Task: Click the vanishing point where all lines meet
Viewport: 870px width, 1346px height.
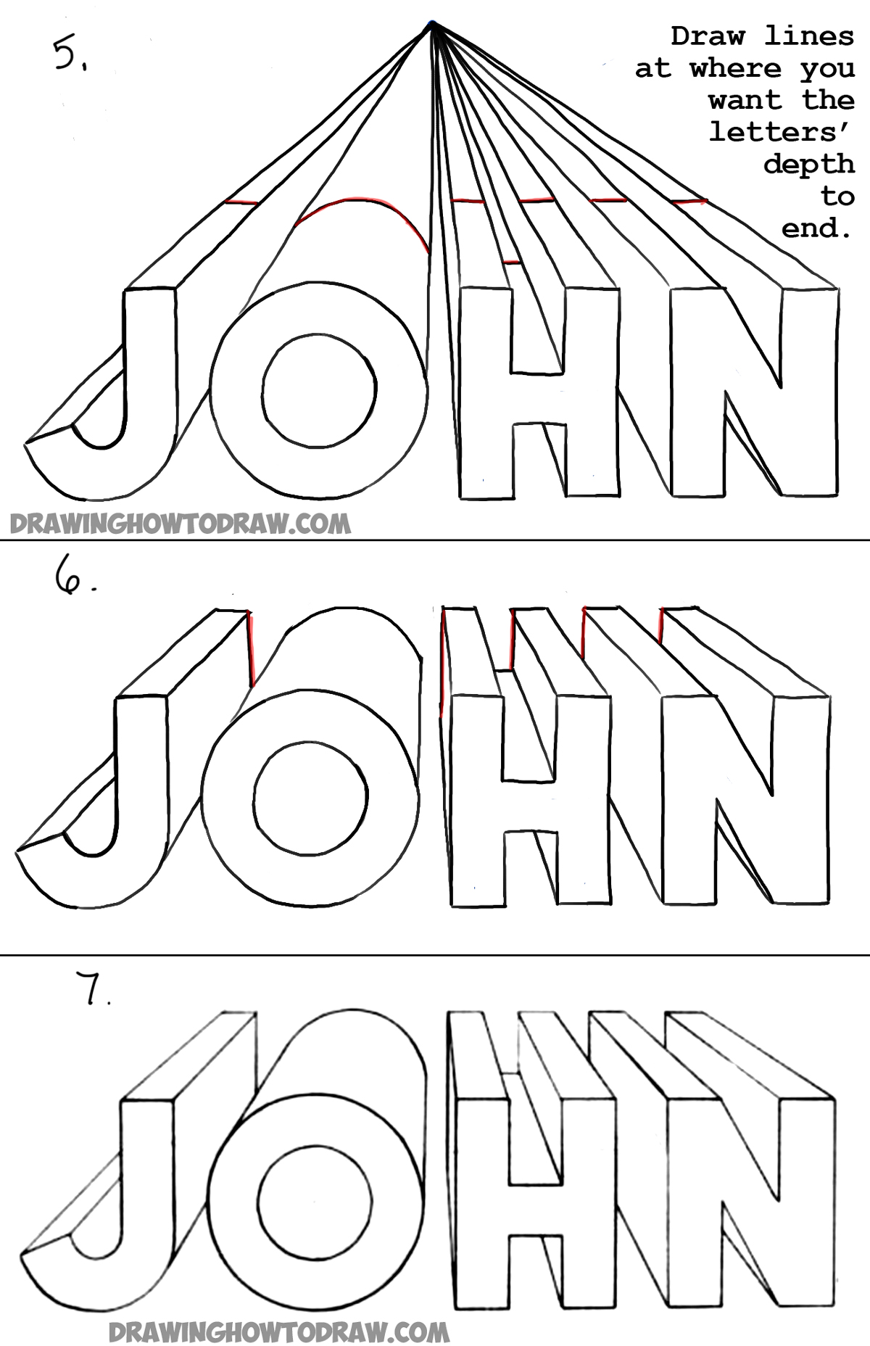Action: pos(432,26)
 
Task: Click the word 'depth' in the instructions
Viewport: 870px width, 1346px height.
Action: pos(808,164)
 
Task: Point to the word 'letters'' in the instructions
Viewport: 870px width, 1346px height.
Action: pos(782,133)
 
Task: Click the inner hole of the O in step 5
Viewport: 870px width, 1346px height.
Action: pos(320,391)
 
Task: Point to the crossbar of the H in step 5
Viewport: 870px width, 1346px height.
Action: pos(539,398)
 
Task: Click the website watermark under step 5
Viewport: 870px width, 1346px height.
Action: pos(179,524)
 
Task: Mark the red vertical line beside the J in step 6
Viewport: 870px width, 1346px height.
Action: pos(251,648)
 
